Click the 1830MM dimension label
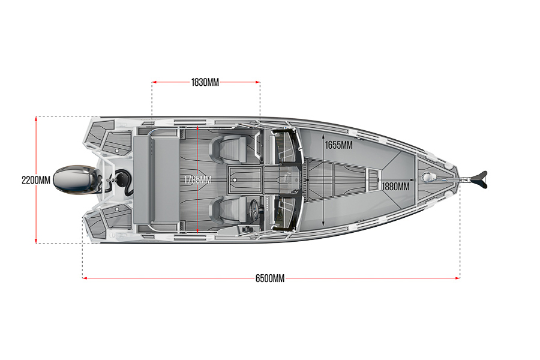point(205,82)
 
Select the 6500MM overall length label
point(269,278)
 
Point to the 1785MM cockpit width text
point(197,179)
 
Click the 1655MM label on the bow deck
point(338,145)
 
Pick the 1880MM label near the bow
point(395,187)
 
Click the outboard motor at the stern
point(75,179)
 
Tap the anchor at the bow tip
point(479,179)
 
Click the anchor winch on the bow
point(428,177)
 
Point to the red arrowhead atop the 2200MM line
point(37,119)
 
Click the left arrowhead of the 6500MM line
point(85,278)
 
